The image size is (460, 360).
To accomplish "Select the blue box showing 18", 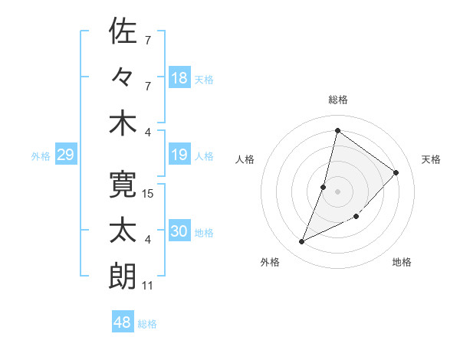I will tap(179, 77).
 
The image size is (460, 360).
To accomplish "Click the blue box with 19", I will tap(179, 155).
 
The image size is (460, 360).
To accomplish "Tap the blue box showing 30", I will tap(179, 231).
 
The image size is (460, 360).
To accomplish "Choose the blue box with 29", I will tap(65, 155).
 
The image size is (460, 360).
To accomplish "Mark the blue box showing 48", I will tap(123, 322).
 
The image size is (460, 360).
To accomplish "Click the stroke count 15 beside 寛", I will tap(149, 193).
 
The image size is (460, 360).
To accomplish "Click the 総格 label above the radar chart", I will tap(338, 100).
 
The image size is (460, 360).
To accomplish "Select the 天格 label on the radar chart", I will tap(432, 159).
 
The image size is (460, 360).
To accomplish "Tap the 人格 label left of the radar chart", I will tap(245, 159).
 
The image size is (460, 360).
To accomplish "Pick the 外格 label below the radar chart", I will tap(269, 262).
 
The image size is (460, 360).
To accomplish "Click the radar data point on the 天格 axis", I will tap(396, 172).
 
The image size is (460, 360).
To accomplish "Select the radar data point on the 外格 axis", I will tap(302, 242).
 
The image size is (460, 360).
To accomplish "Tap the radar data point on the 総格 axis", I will tap(337, 131).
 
